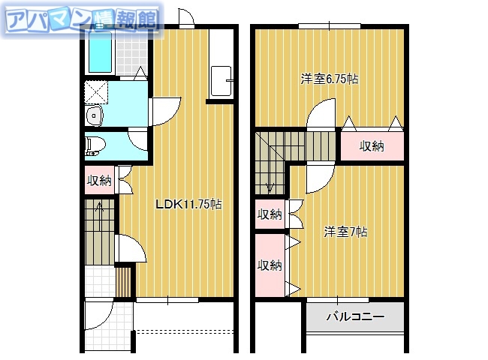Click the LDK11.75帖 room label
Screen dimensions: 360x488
tap(188, 204)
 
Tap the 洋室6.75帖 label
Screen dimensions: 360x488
tap(328, 79)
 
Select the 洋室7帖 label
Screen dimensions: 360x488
tap(345, 232)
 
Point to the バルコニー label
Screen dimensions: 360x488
tap(354, 317)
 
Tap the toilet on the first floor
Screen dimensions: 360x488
tap(94, 145)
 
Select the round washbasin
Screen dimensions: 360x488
tap(93, 116)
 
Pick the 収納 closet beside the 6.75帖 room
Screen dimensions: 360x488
tap(372, 146)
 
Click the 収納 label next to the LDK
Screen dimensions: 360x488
tap(98, 180)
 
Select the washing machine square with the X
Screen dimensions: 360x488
tap(97, 93)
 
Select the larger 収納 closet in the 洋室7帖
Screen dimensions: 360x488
tap(269, 265)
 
